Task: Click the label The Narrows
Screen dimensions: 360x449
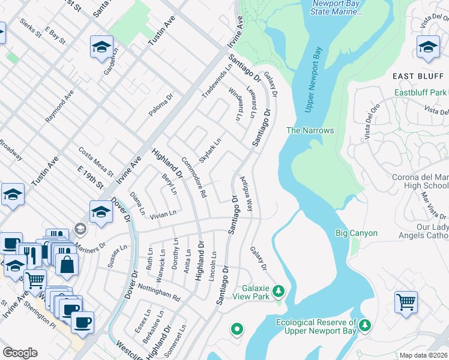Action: coord(310,130)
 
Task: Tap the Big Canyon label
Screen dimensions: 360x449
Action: coord(356,233)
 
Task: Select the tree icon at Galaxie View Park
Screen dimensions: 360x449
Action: coord(278,292)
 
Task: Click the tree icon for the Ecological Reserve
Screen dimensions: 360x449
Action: coord(365,325)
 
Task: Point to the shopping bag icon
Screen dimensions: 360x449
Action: coord(67,263)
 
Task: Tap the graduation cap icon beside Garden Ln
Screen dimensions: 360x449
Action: coord(101,46)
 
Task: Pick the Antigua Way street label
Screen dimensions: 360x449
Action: coord(247,193)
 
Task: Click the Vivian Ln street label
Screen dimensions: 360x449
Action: coord(163,214)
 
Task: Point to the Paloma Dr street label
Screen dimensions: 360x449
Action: coord(161,105)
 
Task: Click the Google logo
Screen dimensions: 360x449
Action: coord(19,353)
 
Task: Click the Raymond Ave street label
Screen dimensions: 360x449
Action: coord(59,107)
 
